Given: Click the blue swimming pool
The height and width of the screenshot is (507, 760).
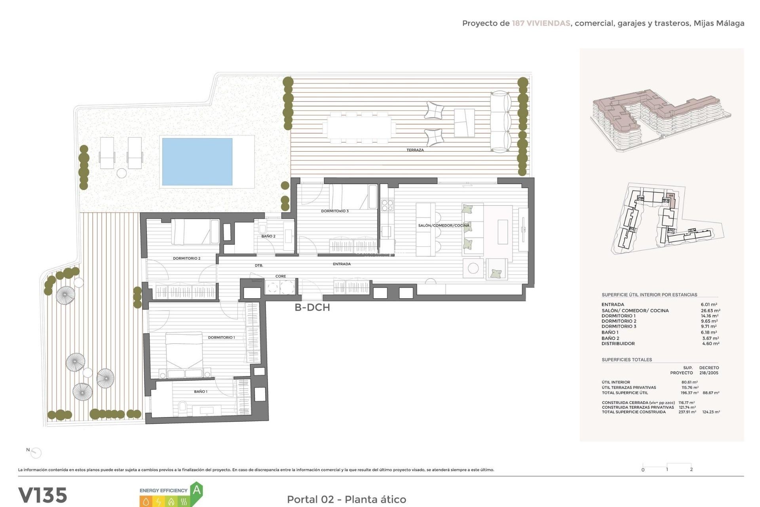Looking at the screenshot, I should point(197,161).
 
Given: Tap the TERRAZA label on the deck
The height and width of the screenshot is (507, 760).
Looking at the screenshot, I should point(415,150).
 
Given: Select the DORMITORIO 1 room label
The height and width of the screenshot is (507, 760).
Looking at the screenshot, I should point(221,337).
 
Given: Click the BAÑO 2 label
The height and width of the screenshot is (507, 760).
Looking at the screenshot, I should point(268,236).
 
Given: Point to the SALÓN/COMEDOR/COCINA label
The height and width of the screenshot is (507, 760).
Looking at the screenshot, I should point(443,225).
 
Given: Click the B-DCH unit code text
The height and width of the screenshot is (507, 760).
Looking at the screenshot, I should point(312,307).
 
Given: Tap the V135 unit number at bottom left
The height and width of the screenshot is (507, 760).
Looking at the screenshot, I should point(43,495).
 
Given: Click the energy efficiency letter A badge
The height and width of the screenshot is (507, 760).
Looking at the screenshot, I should point(196,491).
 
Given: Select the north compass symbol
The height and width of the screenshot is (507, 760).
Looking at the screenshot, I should point(36,452).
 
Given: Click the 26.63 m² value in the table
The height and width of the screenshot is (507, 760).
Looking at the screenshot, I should point(710,311).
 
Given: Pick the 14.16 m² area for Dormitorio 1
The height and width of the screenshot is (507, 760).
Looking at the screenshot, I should point(709,316).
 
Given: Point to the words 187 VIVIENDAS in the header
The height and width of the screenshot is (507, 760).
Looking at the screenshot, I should point(541,23).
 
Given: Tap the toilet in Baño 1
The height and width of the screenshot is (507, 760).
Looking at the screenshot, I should point(182,406).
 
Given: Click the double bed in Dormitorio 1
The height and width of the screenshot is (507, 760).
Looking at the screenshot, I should point(184,354).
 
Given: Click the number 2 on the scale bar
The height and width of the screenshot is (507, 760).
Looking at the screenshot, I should point(691,469).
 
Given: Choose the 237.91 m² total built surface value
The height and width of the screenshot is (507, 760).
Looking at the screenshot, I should point(687,412).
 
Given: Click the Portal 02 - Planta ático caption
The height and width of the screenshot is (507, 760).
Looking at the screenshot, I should point(346,499).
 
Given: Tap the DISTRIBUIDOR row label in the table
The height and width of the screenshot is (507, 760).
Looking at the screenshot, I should point(618,343).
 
